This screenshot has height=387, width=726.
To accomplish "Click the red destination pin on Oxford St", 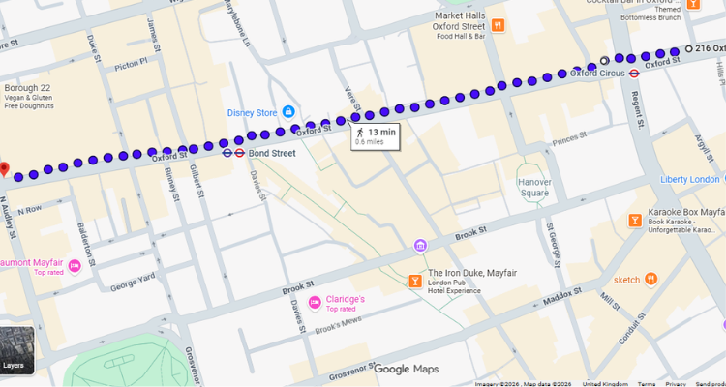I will pos(4,170).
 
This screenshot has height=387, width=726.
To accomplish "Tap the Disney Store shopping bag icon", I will pos(287,112).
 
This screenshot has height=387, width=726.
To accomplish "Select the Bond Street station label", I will pos(272,153).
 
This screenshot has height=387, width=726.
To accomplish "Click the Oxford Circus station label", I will pos(596,73).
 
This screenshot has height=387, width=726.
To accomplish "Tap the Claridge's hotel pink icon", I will pos(315,303).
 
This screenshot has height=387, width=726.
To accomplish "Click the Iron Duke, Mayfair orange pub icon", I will pos(415,281).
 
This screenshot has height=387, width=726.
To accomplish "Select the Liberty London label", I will pos(690,180).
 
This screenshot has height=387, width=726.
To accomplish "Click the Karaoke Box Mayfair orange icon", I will pos(634,220).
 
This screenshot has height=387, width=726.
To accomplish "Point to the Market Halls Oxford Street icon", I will pos(498,25).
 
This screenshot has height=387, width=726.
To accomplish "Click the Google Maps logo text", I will pos(407,369).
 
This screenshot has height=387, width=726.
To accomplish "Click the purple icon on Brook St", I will pos(420,245).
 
